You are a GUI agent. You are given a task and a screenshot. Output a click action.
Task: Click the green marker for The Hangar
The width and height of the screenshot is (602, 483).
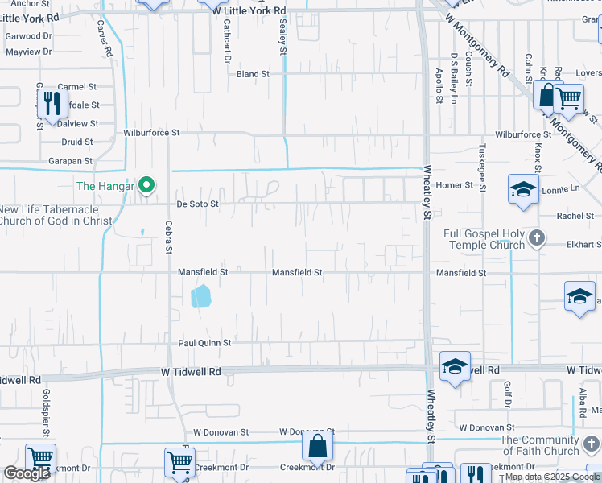tap(146, 187)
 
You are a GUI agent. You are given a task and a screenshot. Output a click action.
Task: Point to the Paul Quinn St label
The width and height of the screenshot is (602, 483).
tap(204, 342)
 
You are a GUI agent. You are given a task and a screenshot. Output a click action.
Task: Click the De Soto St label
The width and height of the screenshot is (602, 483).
tap(198, 204)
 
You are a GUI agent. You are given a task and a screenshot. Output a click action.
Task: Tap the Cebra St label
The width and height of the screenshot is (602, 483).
tap(169, 237)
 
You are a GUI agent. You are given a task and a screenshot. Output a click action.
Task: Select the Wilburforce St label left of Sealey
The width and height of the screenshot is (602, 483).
tap(150, 132)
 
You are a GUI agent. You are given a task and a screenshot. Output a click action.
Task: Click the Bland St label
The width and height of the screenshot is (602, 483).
tap(253, 74)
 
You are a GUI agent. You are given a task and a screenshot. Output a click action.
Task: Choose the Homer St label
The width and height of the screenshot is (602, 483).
tap(454, 185)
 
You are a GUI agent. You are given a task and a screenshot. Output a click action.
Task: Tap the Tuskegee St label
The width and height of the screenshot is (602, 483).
tap(482, 168)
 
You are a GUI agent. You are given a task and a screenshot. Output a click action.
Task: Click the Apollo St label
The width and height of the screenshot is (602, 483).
tap(439, 85)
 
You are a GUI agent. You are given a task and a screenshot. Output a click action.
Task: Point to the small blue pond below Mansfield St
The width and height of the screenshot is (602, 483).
tap(201, 296)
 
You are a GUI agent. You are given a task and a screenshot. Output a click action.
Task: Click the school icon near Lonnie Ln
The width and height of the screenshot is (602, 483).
tap(523, 190)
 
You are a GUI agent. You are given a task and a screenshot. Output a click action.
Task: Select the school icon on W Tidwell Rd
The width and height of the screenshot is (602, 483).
tap(455, 367)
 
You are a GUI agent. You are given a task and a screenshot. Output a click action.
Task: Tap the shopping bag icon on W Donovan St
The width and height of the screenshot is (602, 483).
tap(318, 445)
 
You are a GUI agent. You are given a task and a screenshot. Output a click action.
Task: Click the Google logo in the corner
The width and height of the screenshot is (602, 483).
tap(27, 473)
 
